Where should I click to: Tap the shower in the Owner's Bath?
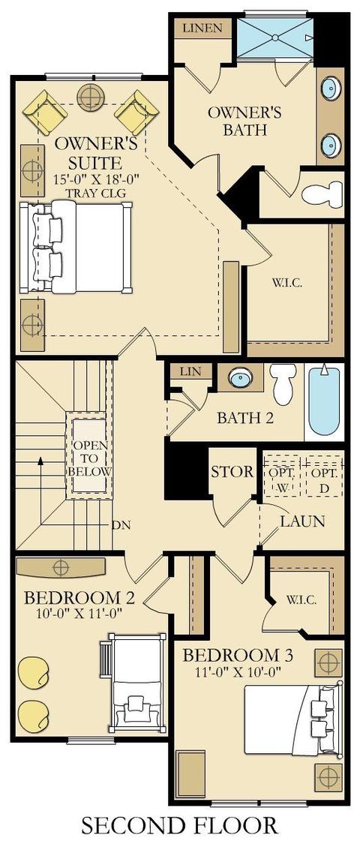[x=275, y=37]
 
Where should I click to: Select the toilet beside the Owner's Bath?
[x=321, y=193]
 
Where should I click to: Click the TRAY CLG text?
[x=96, y=192]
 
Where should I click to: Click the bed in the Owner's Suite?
[x=75, y=248]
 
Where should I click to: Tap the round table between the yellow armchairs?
[x=91, y=98]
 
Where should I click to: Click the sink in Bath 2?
[x=239, y=378]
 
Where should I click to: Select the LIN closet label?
[x=187, y=372]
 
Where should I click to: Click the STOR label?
[x=232, y=471]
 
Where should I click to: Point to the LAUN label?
[x=303, y=521]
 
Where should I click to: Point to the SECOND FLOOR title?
[x=179, y=825]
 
